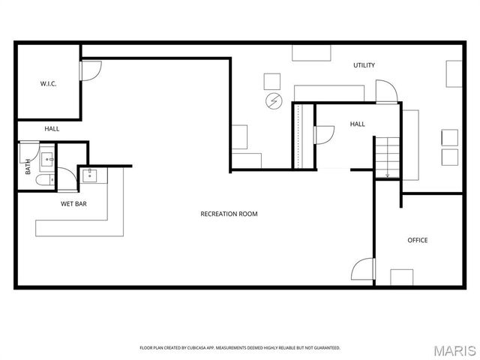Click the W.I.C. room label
click(x=48, y=84)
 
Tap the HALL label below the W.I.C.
click(x=52, y=129)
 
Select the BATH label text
click(x=28, y=166)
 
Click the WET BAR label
click(x=74, y=203)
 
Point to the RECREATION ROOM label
click(x=229, y=214)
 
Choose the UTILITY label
click(x=364, y=65)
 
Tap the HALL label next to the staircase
click(x=357, y=124)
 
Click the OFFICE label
click(x=417, y=240)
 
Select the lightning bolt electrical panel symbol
click(x=271, y=100)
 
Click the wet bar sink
click(x=90, y=175)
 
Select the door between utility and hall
click(x=388, y=93)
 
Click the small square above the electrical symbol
click(x=271, y=80)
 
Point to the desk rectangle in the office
click(x=402, y=277)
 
